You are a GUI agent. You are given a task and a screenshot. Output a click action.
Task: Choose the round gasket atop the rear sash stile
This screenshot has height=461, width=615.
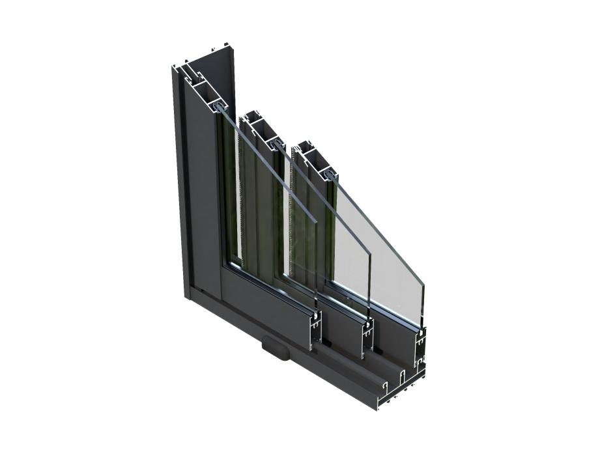pyautogui.click(x=330, y=175)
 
